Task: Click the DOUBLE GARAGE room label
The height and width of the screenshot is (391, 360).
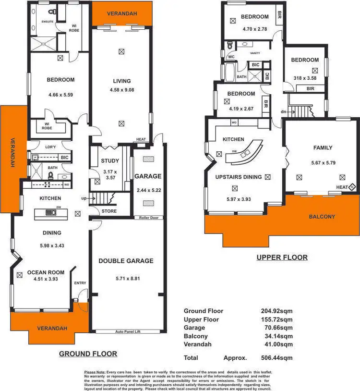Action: click(126, 261)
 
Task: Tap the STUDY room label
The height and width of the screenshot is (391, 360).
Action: click(110, 161)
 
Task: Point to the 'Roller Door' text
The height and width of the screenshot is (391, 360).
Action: click(149, 218)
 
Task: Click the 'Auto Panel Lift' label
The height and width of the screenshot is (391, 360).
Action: click(127, 331)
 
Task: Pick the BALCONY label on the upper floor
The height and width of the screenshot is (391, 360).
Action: click(322, 217)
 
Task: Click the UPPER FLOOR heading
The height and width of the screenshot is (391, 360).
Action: click(282, 257)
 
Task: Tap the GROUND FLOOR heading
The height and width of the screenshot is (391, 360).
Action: click(88, 354)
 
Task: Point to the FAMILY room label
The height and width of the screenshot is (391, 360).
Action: click(323, 148)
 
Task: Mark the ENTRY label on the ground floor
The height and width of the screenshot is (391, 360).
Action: click(80, 283)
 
